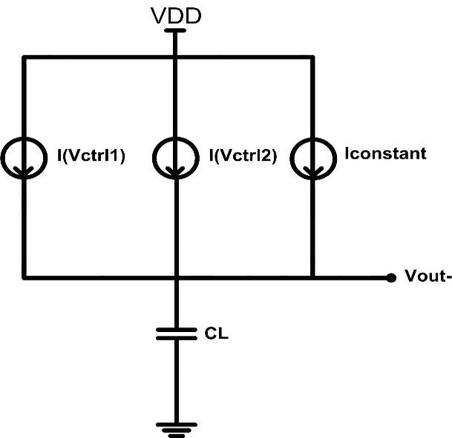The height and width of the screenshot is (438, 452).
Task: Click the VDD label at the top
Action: (175, 16)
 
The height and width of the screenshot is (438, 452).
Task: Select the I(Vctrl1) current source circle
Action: (24, 156)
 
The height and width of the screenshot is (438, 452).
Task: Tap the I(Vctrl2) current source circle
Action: (175, 156)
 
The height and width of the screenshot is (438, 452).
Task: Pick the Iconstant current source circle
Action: (311, 156)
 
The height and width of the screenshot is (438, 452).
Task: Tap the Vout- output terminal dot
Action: (391, 278)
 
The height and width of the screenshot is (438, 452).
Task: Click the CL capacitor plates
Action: (176, 334)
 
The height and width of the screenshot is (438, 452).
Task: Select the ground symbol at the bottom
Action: (176, 428)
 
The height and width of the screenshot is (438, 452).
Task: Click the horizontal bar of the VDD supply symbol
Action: (175, 31)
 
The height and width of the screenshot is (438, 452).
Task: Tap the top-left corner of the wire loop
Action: (24, 56)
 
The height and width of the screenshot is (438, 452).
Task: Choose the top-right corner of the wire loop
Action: (311, 56)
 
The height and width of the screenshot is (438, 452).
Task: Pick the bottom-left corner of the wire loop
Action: (24, 278)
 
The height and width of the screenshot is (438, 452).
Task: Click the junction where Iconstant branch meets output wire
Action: (311, 278)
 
